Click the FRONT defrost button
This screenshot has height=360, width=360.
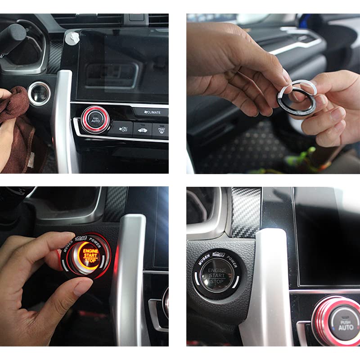[161, 130]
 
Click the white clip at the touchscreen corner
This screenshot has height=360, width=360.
[70, 39]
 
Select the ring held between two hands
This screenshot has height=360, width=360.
[295, 97]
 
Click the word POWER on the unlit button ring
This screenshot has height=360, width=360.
[232, 260]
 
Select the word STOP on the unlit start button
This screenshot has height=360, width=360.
[217, 281]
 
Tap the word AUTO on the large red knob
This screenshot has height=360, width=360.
[346, 328]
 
